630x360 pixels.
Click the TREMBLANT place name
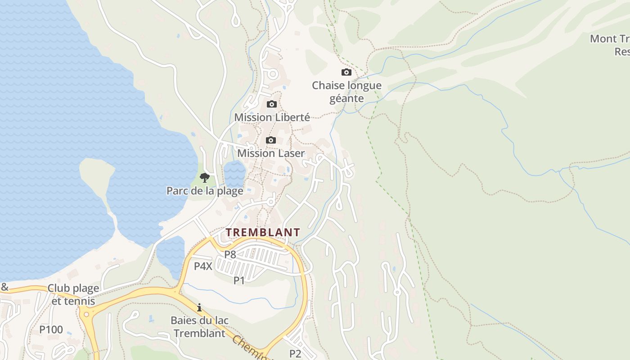(263, 233)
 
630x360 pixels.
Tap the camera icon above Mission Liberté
(272, 104)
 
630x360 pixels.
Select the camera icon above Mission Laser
(271, 140)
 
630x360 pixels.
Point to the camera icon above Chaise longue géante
(346, 72)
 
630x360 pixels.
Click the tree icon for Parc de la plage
(205, 177)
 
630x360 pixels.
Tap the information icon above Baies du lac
(199, 307)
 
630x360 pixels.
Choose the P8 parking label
(230, 254)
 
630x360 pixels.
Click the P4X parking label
(203, 266)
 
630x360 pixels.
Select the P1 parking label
(239, 280)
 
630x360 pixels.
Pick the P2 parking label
(295, 353)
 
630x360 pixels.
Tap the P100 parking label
(51, 329)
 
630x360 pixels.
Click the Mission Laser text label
(271, 153)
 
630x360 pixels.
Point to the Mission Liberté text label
(272, 117)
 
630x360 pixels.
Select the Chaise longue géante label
(346, 91)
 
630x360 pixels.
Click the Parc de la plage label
(205, 191)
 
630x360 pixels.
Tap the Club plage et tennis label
(73, 295)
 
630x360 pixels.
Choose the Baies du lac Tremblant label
(199, 327)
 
